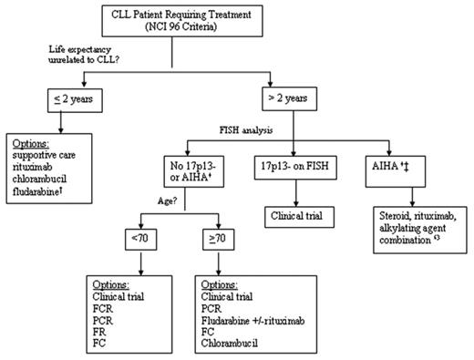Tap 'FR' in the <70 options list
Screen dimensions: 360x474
99,331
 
